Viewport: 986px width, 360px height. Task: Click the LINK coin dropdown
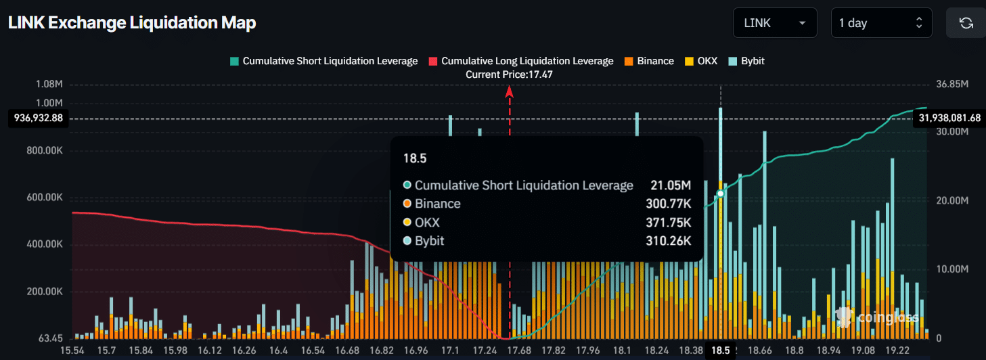coord(774,23)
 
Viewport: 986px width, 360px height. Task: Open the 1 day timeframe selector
coord(880,23)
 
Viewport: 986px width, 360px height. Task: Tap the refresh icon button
coord(966,23)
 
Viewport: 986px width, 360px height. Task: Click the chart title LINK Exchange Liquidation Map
coord(132,23)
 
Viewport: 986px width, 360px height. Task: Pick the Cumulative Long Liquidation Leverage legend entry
coord(520,61)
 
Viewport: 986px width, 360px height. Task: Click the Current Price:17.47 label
coord(509,74)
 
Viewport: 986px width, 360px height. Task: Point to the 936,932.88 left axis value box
coord(39,118)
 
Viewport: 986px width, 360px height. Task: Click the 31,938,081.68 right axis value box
coord(949,118)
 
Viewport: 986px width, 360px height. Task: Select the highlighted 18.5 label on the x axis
coord(721,351)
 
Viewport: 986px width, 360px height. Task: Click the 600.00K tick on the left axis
coord(45,198)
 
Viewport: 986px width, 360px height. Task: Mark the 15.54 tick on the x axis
coord(73,351)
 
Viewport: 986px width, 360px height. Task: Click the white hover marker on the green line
coord(721,194)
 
